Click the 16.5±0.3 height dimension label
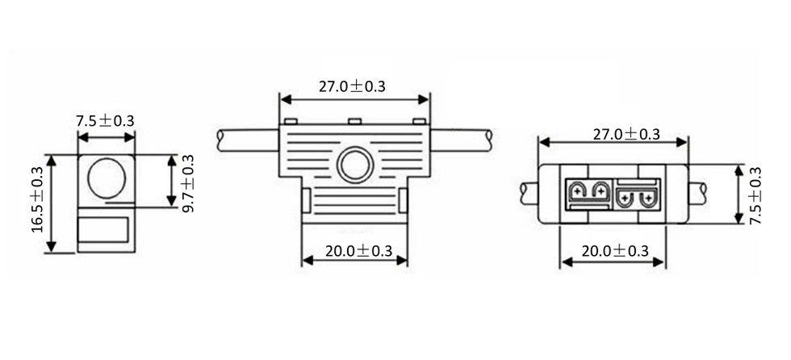pos(39,199)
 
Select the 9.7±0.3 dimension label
pos(188,183)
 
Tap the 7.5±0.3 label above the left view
pos(106,121)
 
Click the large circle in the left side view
pos(107,178)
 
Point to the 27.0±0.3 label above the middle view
pos(352,86)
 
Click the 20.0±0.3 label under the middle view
pos(358,251)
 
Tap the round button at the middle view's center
pos(355,165)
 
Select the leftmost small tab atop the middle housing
pos(290,122)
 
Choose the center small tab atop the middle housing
pos(355,122)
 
